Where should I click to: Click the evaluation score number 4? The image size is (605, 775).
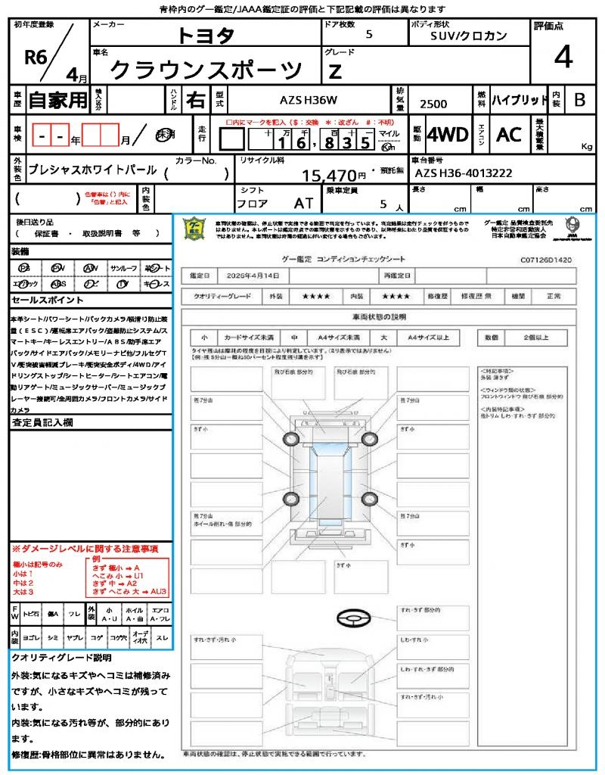[563, 58]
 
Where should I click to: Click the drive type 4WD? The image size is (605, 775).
[448, 135]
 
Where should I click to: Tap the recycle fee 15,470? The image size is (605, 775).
[334, 176]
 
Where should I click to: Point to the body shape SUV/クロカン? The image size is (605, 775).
[469, 35]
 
